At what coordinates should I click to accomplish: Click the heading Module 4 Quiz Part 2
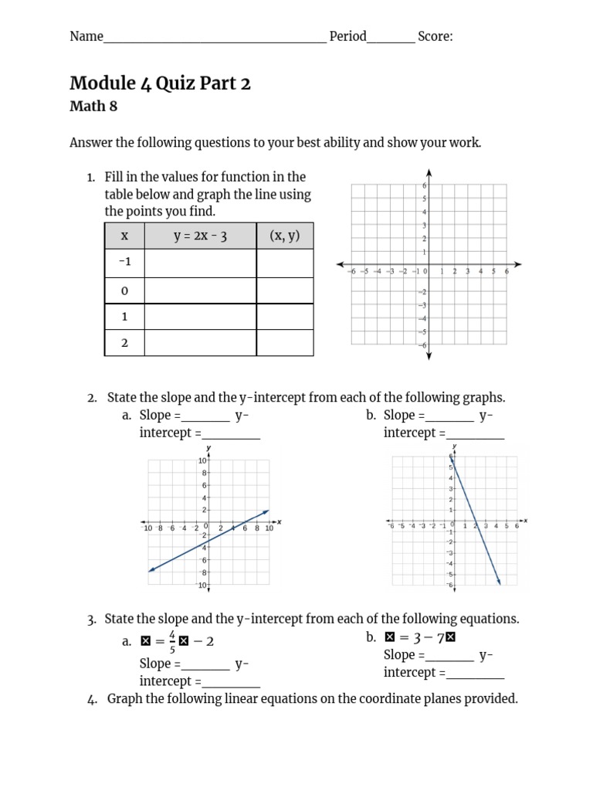coord(160,83)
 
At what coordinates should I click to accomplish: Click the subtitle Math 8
coord(93,107)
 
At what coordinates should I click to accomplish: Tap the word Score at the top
coord(435,36)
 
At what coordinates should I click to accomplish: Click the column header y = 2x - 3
coord(200,236)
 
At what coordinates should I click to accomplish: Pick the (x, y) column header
coord(285,236)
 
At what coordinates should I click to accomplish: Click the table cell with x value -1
coord(124,263)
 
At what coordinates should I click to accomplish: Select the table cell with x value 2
coord(124,343)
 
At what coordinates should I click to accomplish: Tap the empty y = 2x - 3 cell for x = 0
coord(200,290)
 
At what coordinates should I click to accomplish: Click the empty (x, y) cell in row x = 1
coord(285,317)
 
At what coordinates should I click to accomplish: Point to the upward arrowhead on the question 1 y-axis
coord(429,172)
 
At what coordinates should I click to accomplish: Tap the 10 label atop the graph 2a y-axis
coord(202,460)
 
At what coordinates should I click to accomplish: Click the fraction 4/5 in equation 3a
coord(171,642)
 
